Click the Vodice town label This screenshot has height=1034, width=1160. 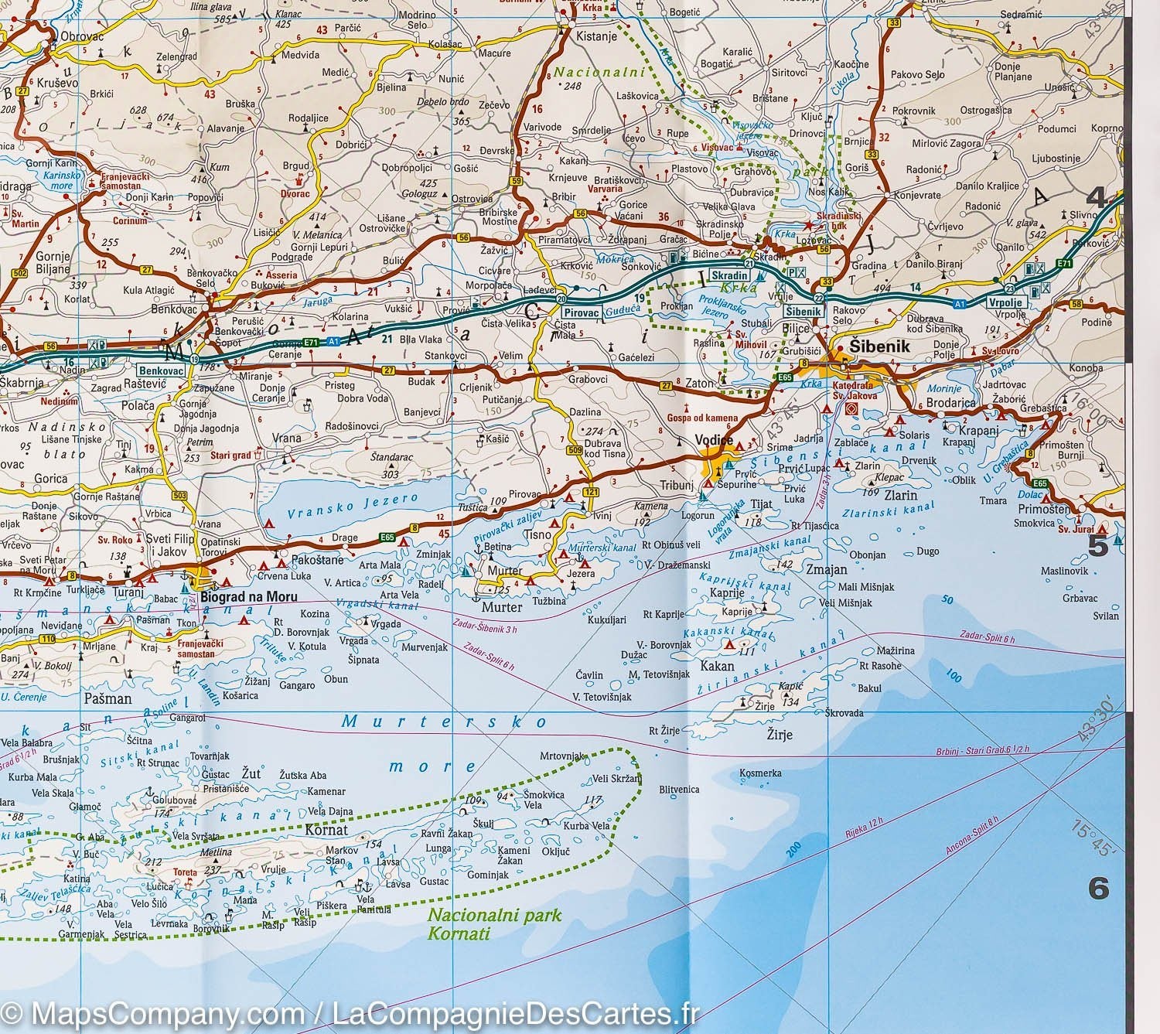[714, 440]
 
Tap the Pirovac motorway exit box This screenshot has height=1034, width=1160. [582, 313]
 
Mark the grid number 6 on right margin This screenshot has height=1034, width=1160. [1099, 889]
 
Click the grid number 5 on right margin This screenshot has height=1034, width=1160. [1098, 546]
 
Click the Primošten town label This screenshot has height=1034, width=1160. [1044, 509]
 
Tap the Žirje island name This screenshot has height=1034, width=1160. [779, 734]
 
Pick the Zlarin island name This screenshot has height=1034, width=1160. [901, 495]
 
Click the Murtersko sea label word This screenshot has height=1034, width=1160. [445, 722]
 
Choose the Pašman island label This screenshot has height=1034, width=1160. [107, 698]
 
